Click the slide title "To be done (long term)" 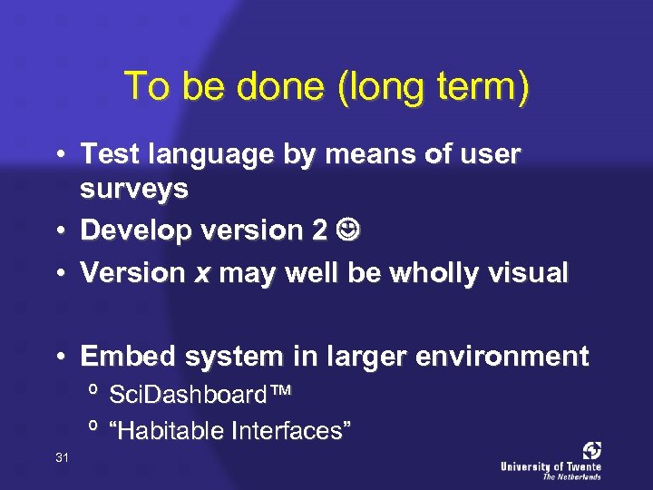[326, 87]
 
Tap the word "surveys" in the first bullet [134, 190]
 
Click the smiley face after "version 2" [347, 230]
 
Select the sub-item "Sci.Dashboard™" [200, 395]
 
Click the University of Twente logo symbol [591, 451]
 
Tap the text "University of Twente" [551, 466]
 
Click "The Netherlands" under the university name [571, 476]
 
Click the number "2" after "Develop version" [318, 231]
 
